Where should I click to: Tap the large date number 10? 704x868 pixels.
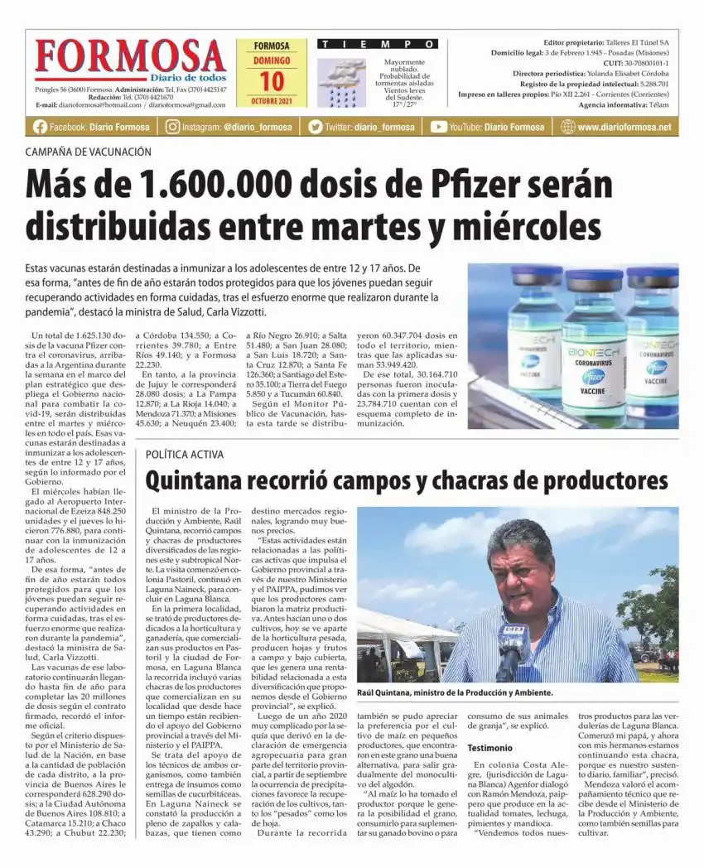[x=271, y=81]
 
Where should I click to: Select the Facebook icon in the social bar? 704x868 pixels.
[x=40, y=127]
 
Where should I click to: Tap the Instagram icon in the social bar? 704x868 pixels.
[x=172, y=127]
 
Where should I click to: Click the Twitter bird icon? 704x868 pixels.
[x=315, y=127]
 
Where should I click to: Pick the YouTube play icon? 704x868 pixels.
[x=438, y=127]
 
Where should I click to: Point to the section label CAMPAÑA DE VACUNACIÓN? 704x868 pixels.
[x=88, y=152]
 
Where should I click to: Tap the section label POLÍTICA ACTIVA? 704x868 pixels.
[x=183, y=455]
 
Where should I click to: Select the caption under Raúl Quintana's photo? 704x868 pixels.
[x=454, y=692]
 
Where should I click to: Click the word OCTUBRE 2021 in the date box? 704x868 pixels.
[x=271, y=101]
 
